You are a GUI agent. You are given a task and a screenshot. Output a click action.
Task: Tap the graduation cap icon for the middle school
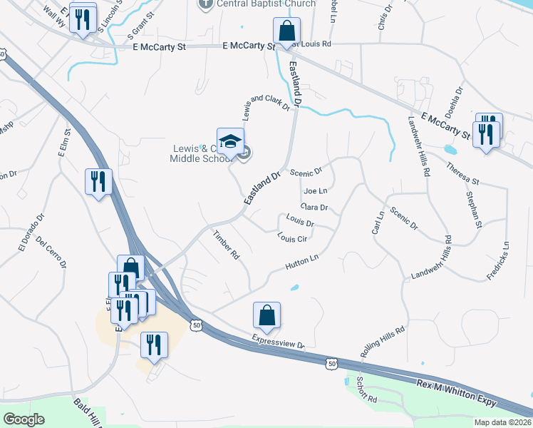tap(230, 143)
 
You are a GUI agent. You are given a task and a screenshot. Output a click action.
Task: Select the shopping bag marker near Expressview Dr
tap(266, 315)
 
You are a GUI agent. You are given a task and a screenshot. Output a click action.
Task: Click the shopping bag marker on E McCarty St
tap(286, 32)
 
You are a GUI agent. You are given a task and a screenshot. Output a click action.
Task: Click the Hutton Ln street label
tap(301, 262)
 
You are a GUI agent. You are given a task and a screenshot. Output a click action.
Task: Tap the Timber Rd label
tap(225, 245)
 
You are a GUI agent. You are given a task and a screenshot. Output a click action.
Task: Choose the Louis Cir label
tap(291, 238)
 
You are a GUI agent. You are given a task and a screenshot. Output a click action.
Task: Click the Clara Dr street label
tap(314, 208)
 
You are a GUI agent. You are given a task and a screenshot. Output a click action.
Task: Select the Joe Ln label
tap(315, 191)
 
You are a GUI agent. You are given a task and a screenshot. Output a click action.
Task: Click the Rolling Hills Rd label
tap(383, 342)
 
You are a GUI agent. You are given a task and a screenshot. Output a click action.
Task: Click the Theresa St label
tap(463, 173)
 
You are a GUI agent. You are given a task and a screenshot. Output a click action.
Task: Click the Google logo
tap(24, 419)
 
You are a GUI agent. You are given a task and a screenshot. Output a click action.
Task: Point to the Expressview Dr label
tap(279, 341)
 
